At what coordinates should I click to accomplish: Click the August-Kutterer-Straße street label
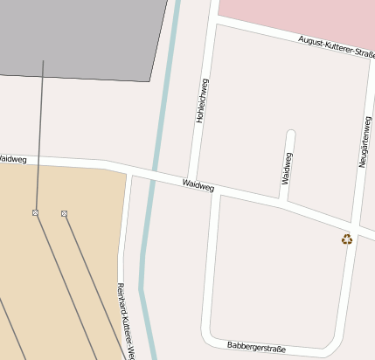[335, 45]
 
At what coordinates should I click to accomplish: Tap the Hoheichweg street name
[202, 100]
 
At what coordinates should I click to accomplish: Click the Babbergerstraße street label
[256, 346]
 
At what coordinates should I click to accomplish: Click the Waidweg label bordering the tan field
[12, 160]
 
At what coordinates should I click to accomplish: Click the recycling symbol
[347, 239]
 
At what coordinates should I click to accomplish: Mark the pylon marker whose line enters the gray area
[36, 212]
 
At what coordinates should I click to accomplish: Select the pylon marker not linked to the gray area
[65, 213]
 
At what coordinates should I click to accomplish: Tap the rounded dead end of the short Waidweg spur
[291, 135]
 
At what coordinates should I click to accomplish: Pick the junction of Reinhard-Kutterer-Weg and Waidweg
[130, 169]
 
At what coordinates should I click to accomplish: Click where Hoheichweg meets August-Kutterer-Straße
[212, 18]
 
